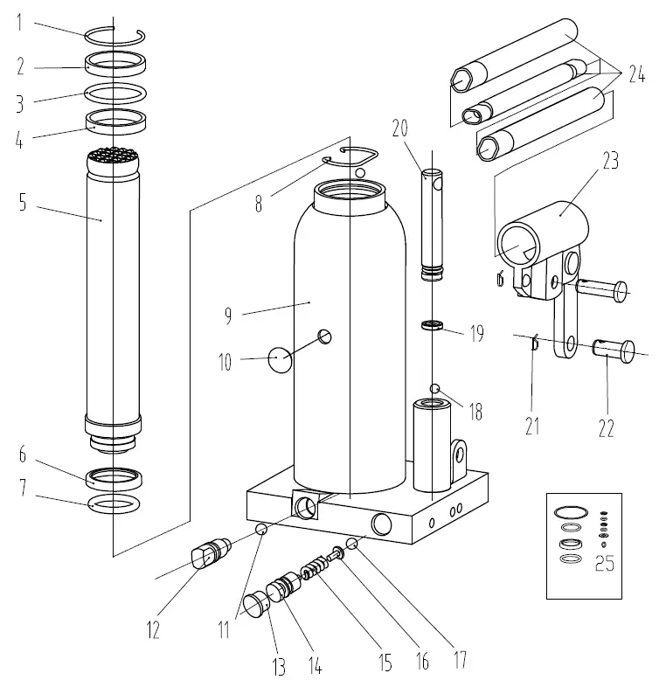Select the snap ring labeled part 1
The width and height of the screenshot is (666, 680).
[114, 34]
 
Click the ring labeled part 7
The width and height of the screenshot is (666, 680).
[114, 503]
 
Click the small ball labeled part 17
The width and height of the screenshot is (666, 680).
[351, 545]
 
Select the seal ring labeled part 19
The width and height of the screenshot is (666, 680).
[430, 327]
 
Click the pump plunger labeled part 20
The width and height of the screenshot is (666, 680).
[432, 224]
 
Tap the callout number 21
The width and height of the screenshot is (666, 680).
[532, 426]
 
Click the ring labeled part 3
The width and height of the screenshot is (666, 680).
[114, 91]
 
